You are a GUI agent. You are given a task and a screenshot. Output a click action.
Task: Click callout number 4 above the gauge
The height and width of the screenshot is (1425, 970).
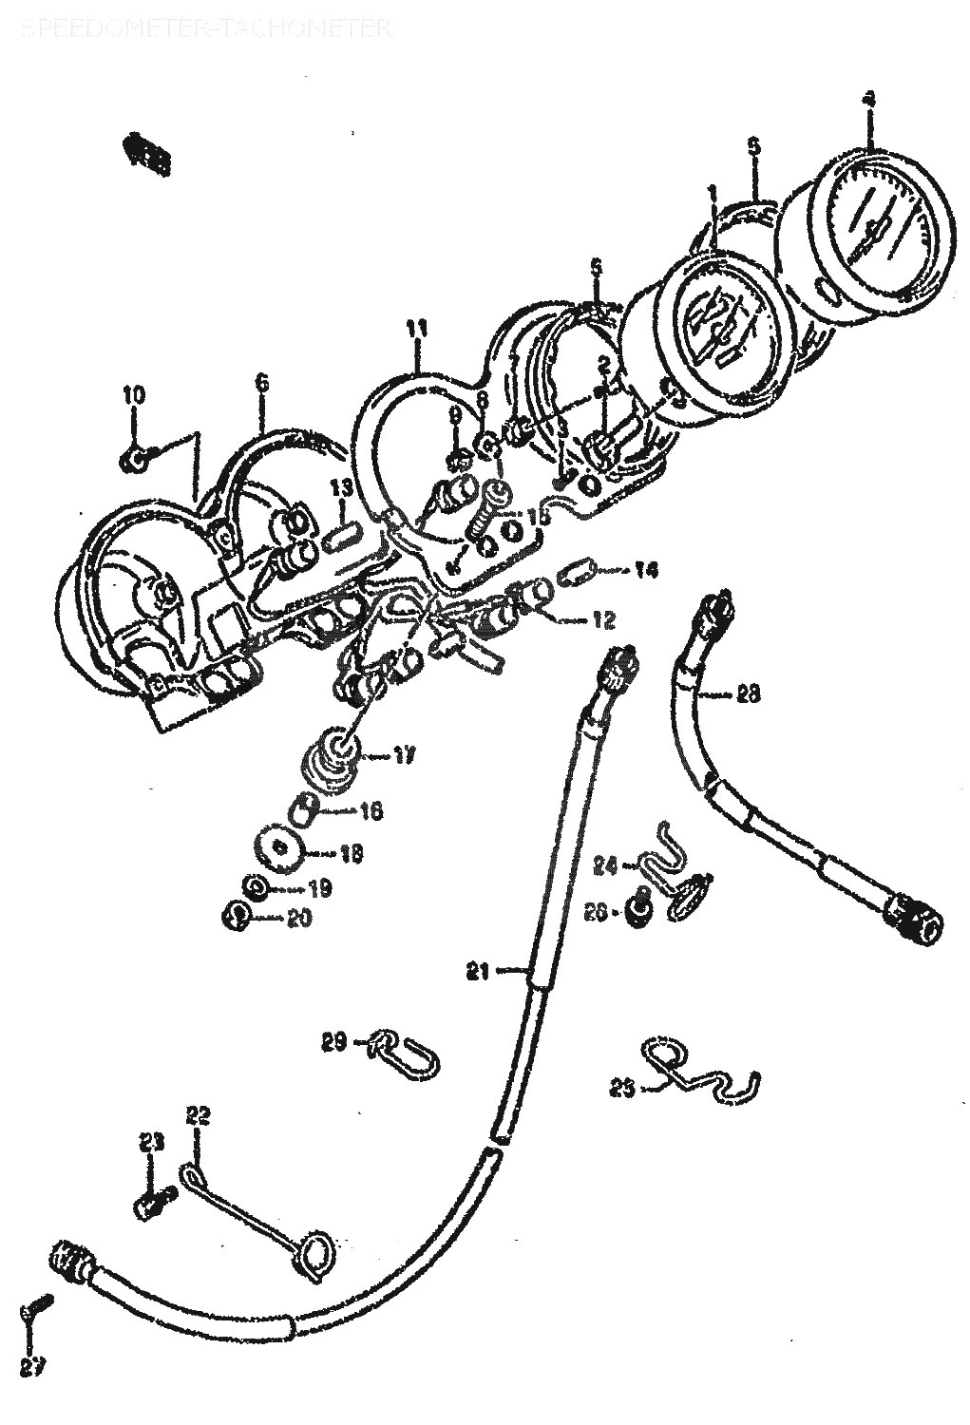pyautogui.click(x=868, y=99)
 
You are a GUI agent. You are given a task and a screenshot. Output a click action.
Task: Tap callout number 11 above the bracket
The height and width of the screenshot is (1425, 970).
pyautogui.click(x=416, y=330)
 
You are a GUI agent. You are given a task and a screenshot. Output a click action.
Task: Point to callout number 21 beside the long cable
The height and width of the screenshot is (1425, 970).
pyautogui.click(x=477, y=971)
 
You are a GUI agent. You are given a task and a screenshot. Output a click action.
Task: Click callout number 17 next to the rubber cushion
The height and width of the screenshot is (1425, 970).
pyautogui.click(x=405, y=756)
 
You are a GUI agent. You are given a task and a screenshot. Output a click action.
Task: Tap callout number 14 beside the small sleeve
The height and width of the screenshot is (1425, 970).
pyautogui.click(x=646, y=570)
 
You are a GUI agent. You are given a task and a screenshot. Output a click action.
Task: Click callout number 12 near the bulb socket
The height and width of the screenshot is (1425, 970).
pyautogui.click(x=603, y=621)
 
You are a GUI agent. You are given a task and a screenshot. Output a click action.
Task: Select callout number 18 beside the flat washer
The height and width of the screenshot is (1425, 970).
pyautogui.click(x=351, y=854)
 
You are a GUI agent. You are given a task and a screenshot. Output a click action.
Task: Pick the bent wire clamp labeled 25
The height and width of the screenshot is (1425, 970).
pyautogui.click(x=703, y=1070)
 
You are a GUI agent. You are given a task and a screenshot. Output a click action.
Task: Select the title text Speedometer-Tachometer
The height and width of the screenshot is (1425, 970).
pyautogui.click(x=204, y=29)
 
